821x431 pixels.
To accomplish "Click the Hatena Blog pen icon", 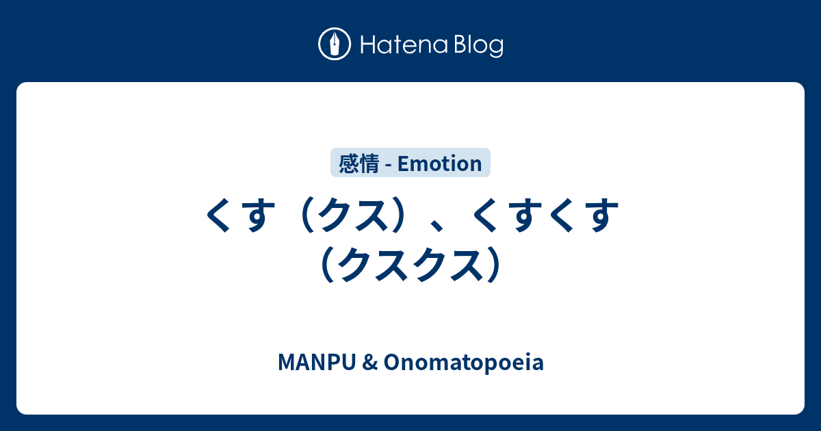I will (x=335, y=44).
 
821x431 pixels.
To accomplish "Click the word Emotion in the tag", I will (x=439, y=164).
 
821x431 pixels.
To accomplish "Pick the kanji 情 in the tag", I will (x=369, y=164).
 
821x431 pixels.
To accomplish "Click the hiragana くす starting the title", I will (x=236, y=217).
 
